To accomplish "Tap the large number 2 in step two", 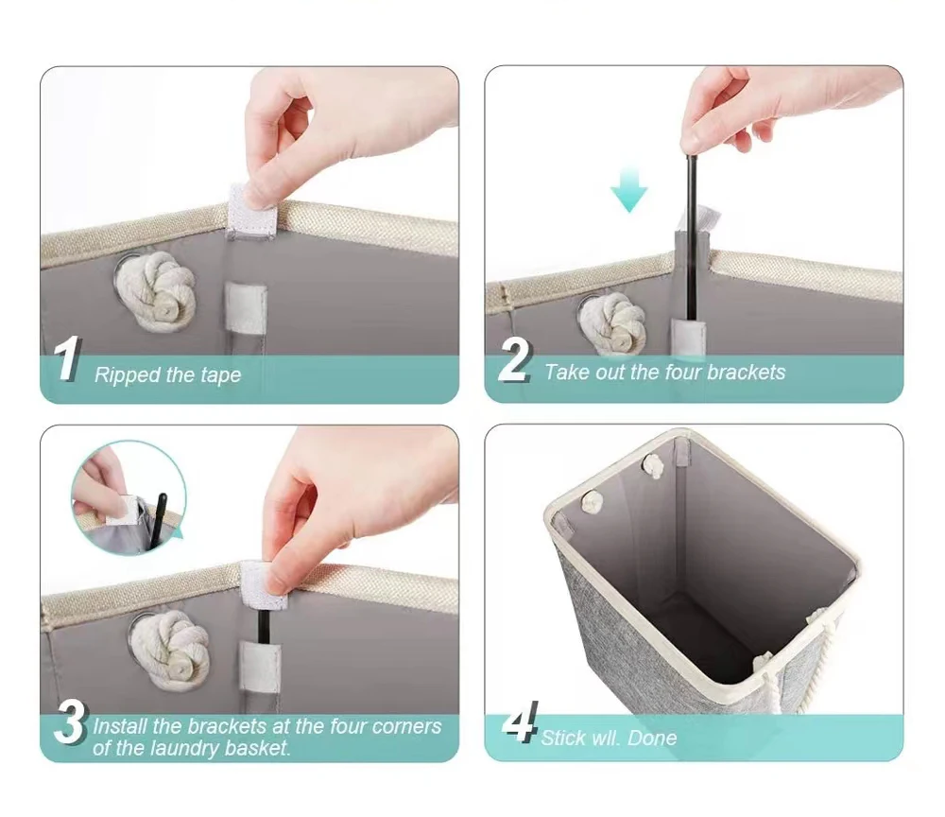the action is (x=515, y=360).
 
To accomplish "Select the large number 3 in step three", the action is (x=71, y=723).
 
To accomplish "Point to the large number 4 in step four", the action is (x=521, y=721).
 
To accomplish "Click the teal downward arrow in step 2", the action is (x=628, y=190).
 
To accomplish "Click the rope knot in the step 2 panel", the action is (x=611, y=324).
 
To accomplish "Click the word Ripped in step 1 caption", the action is (x=128, y=375).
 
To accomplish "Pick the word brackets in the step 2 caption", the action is (x=746, y=372).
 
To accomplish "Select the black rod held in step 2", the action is (x=691, y=236).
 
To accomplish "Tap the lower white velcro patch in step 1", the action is (x=246, y=307).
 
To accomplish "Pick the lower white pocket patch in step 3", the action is (x=261, y=666).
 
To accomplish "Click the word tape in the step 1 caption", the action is (x=220, y=375).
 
